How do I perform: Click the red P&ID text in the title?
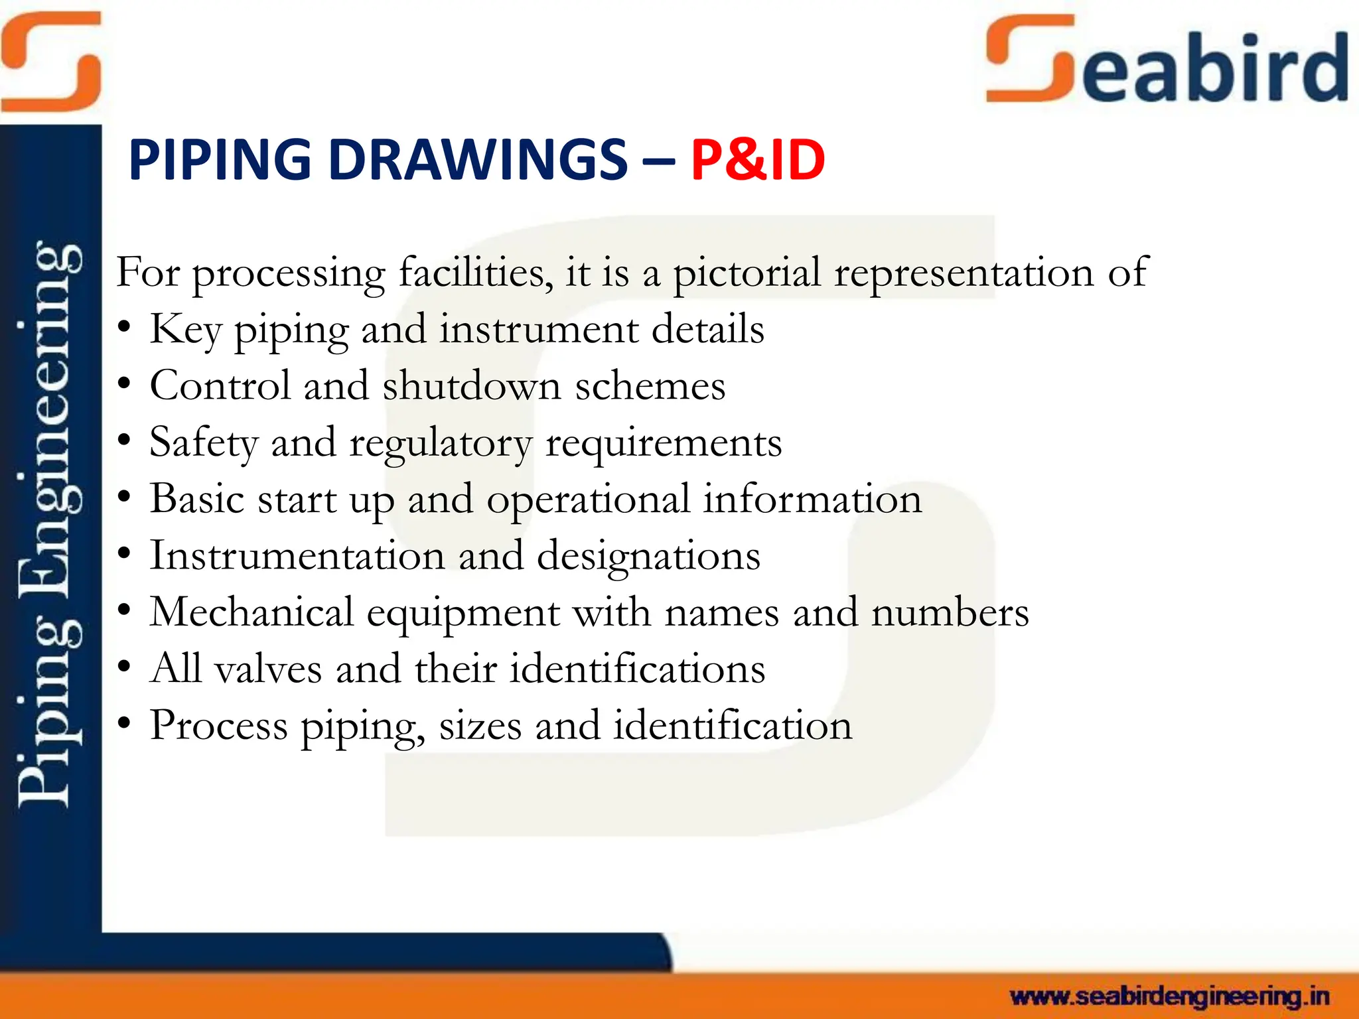[x=757, y=160]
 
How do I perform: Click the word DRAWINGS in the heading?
[x=478, y=160]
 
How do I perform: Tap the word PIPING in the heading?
[x=220, y=160]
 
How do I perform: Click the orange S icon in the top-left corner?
[x=50, y=61]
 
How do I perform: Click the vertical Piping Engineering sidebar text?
[x=50, y=524]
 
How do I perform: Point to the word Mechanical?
[x=251, y=612]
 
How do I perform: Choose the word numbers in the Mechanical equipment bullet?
[x=950, y=612]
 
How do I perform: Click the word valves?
[x=269, y=669]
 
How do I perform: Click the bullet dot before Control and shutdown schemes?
[x=124, y=385]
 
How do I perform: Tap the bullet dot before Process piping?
[x=124, y=725]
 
